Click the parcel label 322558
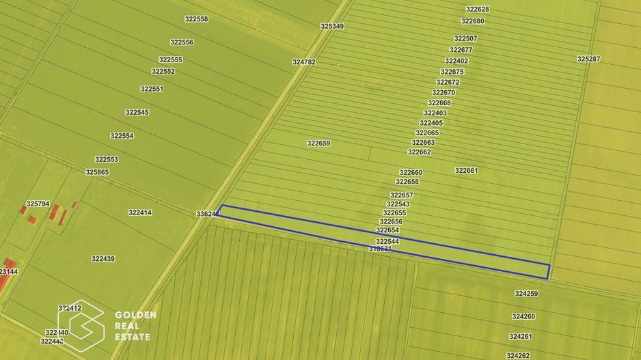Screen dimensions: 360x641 (197, 19)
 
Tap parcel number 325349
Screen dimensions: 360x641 (332, 27)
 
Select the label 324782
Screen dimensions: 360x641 (304, 62)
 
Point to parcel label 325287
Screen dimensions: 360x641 (588, 59)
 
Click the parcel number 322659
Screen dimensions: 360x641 (318, 143)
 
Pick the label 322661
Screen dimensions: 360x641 (466, 171)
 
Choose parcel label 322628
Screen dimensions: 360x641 (477, 10)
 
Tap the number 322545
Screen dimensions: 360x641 (137, 113)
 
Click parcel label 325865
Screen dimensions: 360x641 (97, 172)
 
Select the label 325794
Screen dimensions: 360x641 (38, 204)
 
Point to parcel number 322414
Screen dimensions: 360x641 (139, 213)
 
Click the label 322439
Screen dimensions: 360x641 (103, 259)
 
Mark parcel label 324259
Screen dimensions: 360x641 (526, 294)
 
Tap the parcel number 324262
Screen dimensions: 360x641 (518, 356)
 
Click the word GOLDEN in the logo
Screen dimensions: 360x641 (135, 316)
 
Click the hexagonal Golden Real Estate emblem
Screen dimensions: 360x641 (80, 323)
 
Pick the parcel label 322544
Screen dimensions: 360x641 (387, 242)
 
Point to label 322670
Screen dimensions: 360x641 (444, 93)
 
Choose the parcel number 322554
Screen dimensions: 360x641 (122, 136)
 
